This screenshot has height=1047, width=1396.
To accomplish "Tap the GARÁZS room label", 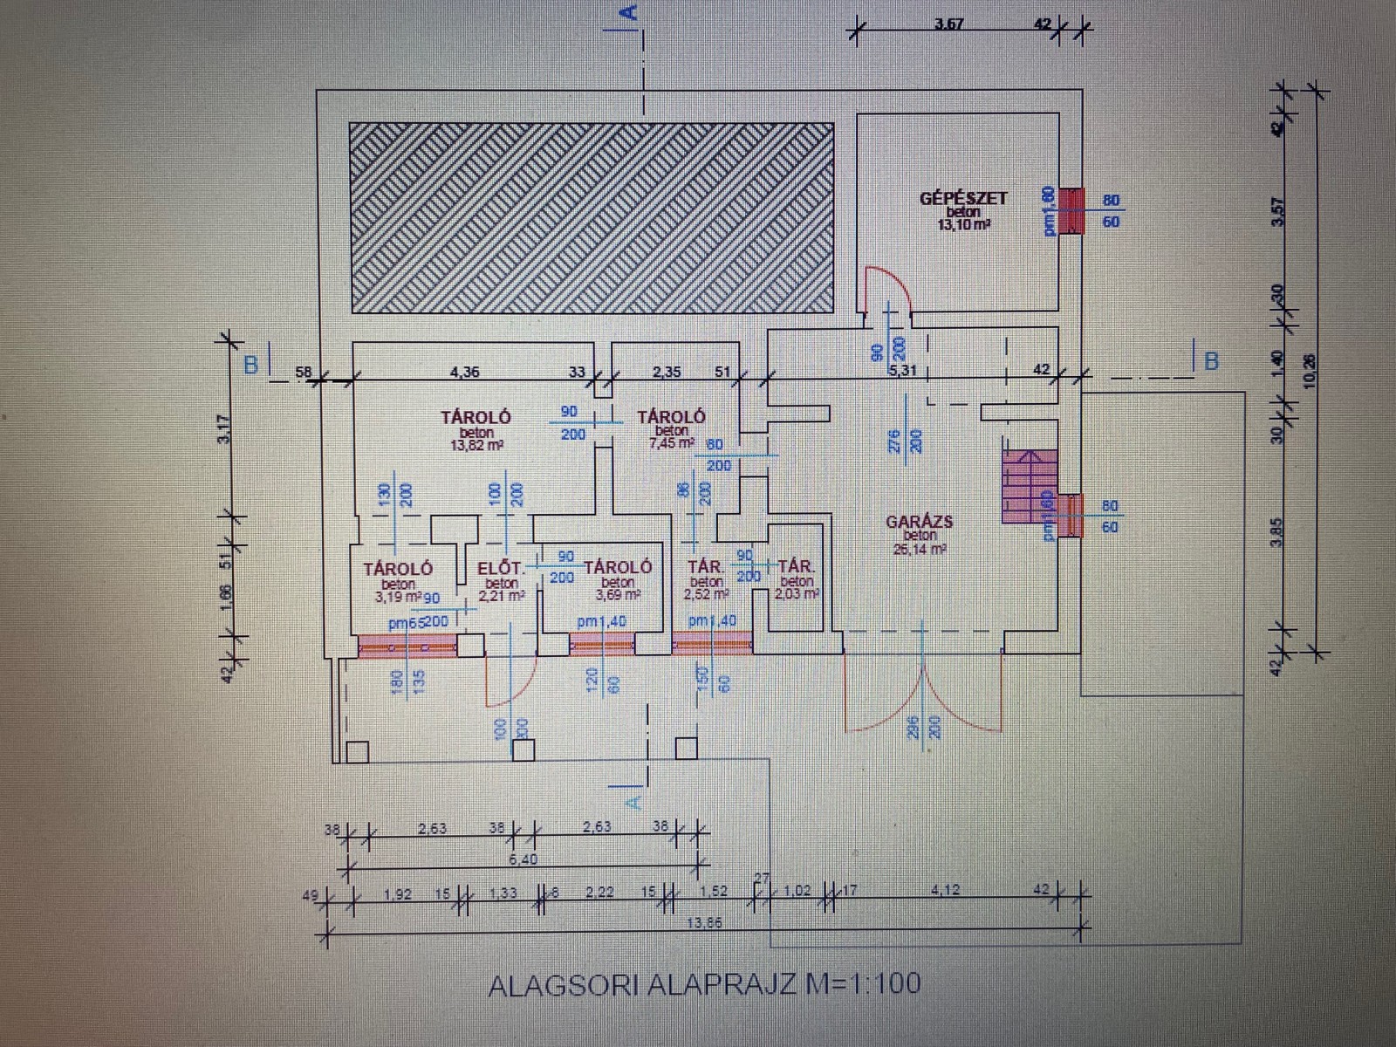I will pyautogui.click(x=920, y=522).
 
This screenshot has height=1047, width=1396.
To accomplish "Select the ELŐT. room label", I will pyautogui.click(x=500, y=569).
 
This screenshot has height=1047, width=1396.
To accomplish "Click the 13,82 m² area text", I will pyautogui.click(x=476, y=444).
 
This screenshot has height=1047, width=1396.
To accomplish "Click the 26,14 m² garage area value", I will pyautogui.click(x=920, y=550).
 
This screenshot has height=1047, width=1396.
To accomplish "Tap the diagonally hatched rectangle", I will pyautogui.click(x=592, y=217).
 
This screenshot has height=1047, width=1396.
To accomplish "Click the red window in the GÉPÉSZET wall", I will pyautogui.click(x=1071, y=210).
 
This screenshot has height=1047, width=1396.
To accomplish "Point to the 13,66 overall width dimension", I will pyautogui.click(x=704, y=924).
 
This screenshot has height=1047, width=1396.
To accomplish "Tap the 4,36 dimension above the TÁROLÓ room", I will pyautogui.click(x=463, y=373).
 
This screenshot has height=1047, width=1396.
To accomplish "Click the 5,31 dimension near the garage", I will pyautogui.click(x=904, y=370).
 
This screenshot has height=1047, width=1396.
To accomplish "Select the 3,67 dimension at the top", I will pyautogui.click(x=948, y=24).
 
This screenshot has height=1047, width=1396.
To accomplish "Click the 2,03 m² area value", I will pyautogui.click(x=797, y=594).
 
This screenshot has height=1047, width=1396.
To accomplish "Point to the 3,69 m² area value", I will pyautogui.click(x=618, y=595).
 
